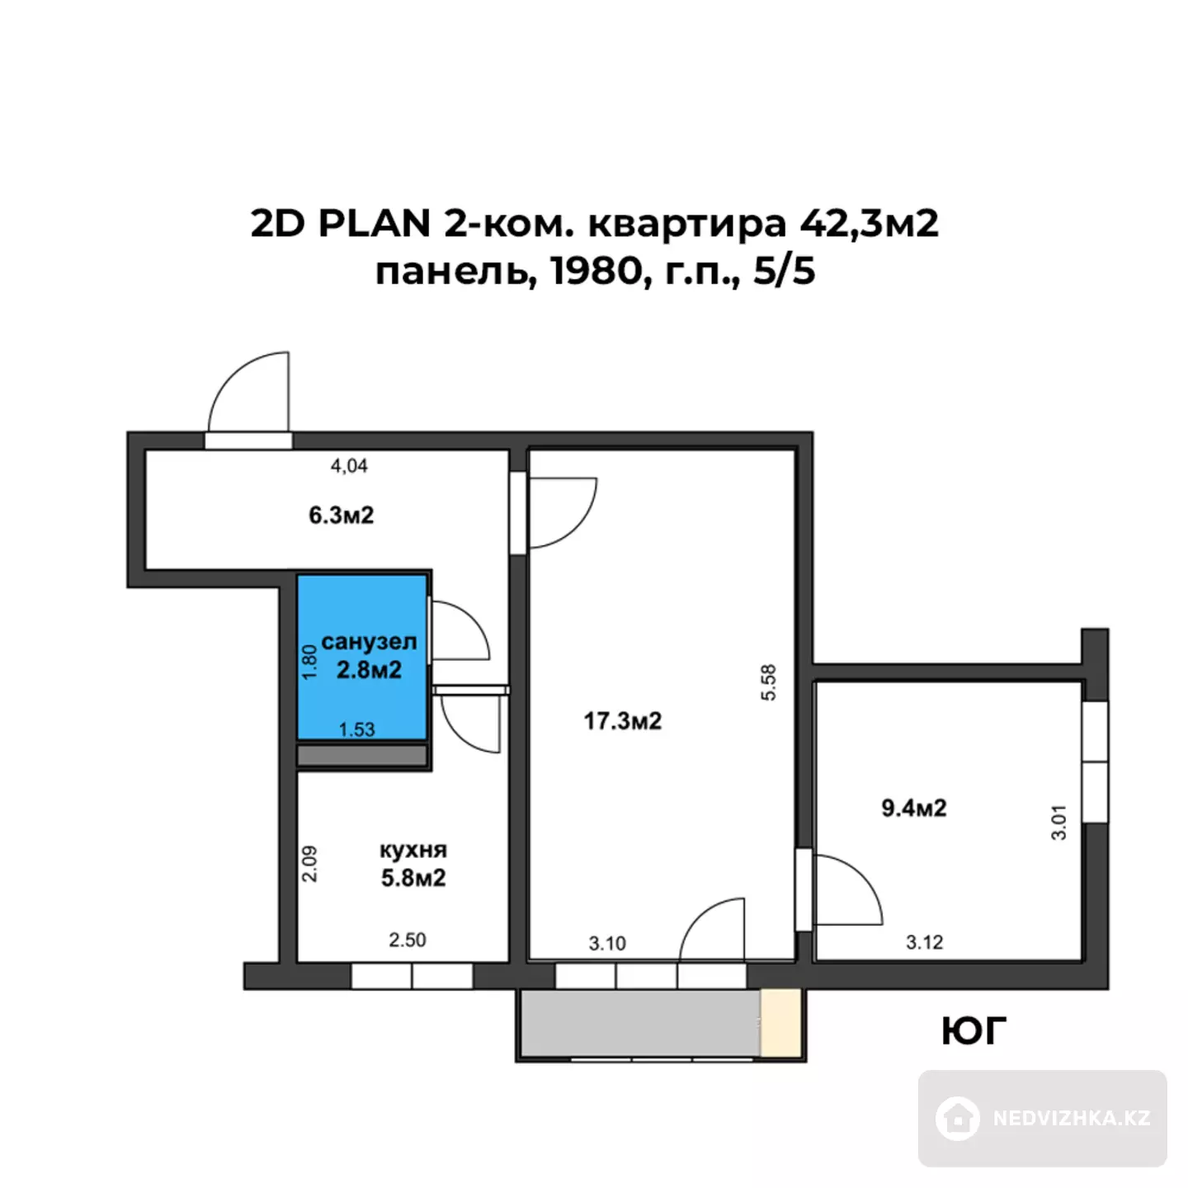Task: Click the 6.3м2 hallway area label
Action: coord(341,515)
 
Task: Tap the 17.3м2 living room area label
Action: coord(623,721)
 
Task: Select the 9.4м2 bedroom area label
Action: coord(913,808)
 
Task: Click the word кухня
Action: coord(413,850)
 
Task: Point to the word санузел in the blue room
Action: coord(370,642)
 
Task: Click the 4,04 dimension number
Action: coord(349,466)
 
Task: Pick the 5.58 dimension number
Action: coord(769,681)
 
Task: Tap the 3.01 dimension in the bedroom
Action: coord(1058,823)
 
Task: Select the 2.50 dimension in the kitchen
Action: coord(407,940)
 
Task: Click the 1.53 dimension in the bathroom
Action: coord(357,729)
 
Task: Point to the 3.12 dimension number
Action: coord(924,942)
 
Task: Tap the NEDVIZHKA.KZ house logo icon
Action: coord(958,1118)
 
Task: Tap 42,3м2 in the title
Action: coord(870,224)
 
